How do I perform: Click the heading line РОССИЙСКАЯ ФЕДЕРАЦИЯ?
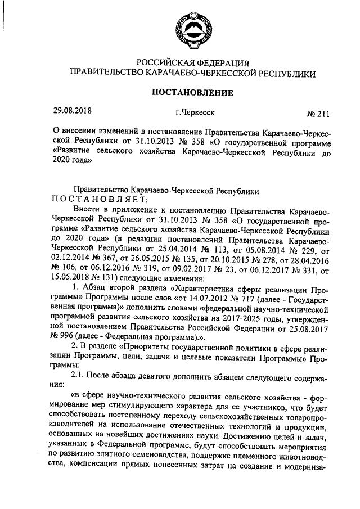(x=193, y=62)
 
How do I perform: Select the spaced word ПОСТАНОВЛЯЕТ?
(x=100, y=199)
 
